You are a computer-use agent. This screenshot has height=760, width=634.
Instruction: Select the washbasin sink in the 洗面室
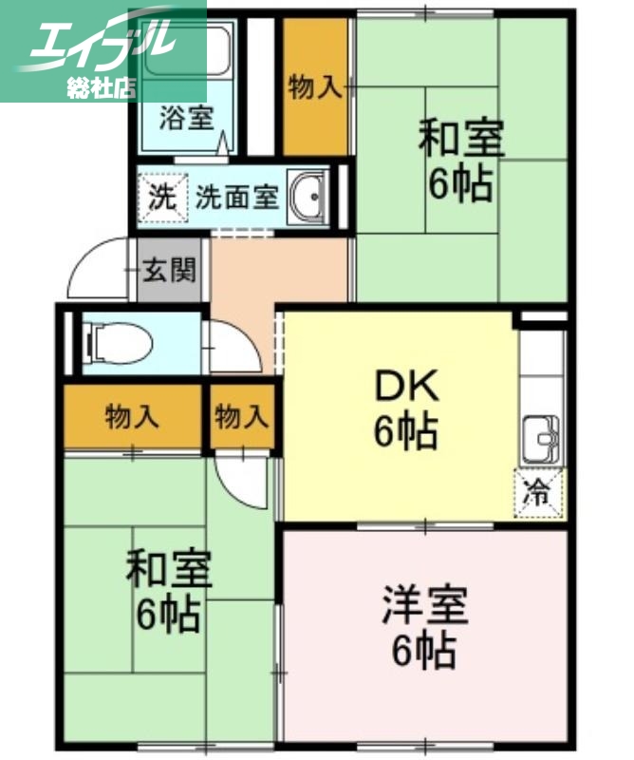point(308,195)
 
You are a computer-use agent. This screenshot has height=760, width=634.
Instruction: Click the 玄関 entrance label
point(170,271)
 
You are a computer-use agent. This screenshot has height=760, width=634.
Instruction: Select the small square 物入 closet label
point(241,416)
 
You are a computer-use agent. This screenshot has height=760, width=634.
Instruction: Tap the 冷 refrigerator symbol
point(538,493)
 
